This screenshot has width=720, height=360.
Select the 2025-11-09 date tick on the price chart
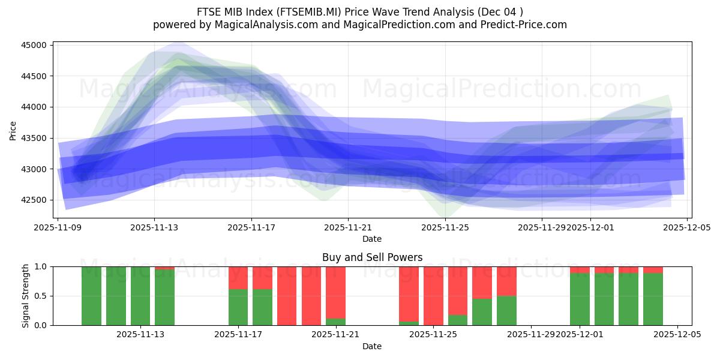coord(58,228)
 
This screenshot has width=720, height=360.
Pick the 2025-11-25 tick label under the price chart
coord(445,228)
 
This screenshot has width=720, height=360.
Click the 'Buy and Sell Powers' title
coord(372,257)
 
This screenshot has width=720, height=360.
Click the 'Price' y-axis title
coord(13,130)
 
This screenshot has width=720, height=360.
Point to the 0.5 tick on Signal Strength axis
coord(40,296)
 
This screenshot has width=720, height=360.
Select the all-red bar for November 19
coord(287,296)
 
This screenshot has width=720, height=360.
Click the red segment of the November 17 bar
coord(238,278)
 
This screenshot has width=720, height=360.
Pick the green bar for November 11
coord(91,296)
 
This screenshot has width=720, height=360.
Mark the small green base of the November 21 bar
coord(335,322)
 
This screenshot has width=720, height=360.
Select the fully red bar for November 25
coord(433,296)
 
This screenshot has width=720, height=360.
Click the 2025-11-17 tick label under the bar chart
coord(238,334)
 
